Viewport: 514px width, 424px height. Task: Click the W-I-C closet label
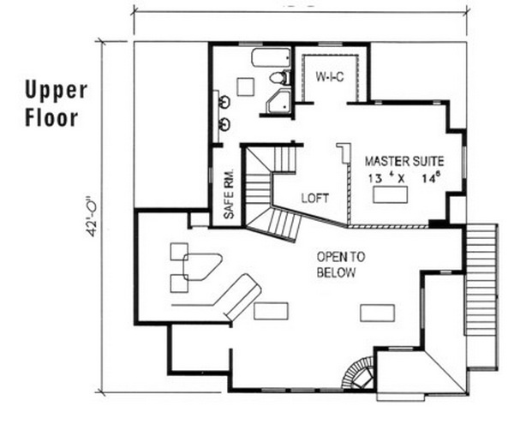click(330, 77)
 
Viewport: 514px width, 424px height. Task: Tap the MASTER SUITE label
click(404, 161)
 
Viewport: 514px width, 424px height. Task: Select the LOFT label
click(315, 198)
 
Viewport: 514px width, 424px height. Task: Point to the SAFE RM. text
click(229, 194)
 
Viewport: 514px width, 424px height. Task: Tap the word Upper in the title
click(57, 91)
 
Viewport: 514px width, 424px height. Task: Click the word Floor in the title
click(51, 117)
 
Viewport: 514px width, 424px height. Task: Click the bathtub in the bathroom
click(271, 57)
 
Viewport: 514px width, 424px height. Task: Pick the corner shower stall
click(278, 101)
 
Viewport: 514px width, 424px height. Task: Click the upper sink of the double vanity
click(224, 102)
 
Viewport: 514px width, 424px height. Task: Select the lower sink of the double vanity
click(224, 124)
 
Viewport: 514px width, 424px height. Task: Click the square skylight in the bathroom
click(246, 87)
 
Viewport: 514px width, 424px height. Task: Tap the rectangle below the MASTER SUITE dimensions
click(390, 194)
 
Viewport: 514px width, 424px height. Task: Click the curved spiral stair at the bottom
click(358, 373)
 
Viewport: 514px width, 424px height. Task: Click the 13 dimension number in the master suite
click(374, 178)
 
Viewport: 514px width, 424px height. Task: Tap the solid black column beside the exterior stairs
click(437, 224)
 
